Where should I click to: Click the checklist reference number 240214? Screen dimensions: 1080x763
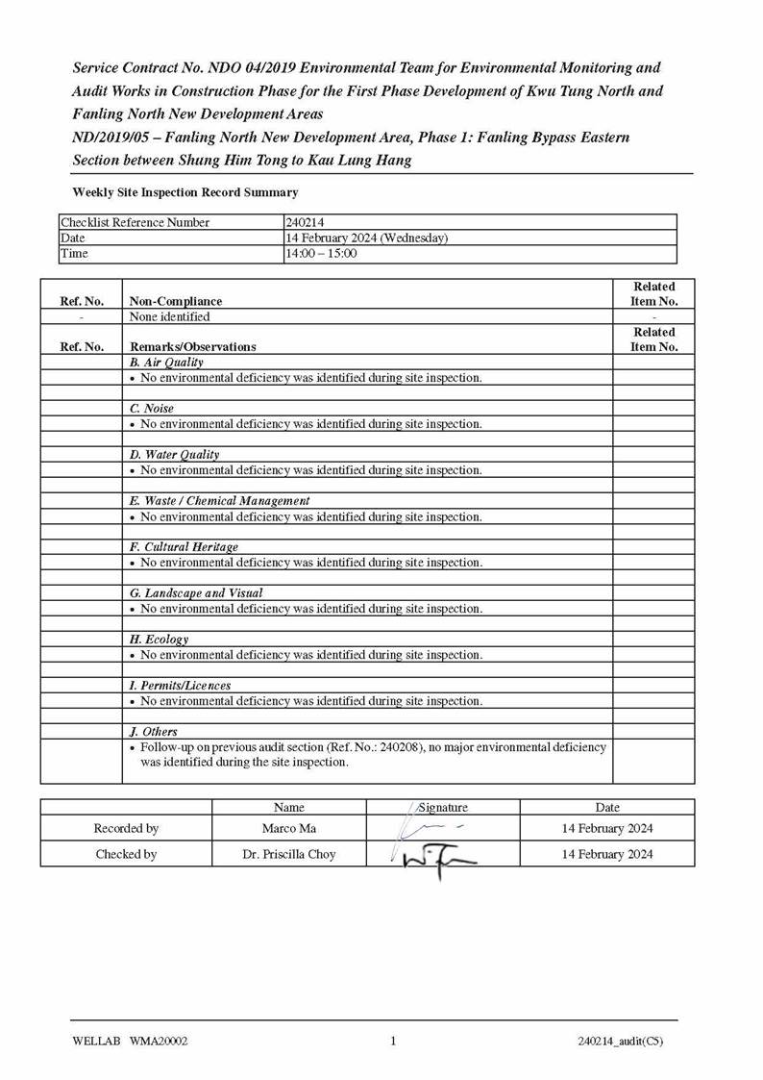[306, 222]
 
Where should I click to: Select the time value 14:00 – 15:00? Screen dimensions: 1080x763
[321, 254]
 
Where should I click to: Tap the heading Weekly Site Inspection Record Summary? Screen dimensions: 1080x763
[185, 192]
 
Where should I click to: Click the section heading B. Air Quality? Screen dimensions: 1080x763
[166, 363]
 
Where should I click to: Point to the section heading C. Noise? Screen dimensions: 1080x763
[152, 409]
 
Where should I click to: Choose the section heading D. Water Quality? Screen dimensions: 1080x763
[174, 455]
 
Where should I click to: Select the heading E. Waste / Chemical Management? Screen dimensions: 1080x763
[219, 501]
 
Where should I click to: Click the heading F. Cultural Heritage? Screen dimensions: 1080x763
[184, 547]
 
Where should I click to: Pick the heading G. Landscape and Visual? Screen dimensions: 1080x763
[196, 593]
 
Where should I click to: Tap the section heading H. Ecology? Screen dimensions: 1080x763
[159, 640]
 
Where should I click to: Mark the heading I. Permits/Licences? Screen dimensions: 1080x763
[180, 686]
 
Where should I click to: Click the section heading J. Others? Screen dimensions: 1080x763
[154, 732]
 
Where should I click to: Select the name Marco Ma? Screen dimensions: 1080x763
[288, 828]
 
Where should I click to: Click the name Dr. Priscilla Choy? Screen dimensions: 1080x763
[288, 854]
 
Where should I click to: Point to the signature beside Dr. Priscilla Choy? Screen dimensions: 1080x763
[437, 856]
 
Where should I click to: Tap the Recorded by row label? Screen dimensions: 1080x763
[126, 828]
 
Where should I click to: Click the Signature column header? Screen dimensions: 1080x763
[443, 808]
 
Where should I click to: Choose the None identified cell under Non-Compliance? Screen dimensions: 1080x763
[169, 316]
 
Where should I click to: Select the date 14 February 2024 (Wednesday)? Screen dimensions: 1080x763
[366, 239]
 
